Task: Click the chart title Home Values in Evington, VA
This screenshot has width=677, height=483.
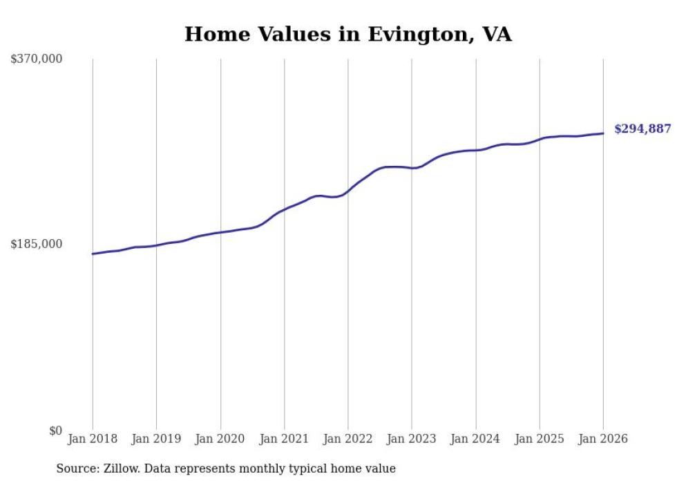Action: [x=348, y=34]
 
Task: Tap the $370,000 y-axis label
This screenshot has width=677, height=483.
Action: [x=37, y=59]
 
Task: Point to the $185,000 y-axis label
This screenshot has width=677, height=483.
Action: [x=37, y=244]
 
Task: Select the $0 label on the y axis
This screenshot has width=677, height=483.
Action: [x=55, y=430]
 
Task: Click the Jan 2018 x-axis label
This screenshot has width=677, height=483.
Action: [x=93, y=439]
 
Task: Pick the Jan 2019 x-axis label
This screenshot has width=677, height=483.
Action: [x=156, y=439]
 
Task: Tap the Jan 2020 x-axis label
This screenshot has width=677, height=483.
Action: [x=220, y=439]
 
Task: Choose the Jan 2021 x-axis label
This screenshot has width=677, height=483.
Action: [x=284, y=439]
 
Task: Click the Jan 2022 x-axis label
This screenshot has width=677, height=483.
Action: [x=348, y=439]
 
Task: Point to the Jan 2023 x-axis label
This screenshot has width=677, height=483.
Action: [x=412, y=439]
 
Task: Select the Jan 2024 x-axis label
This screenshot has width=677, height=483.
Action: [x=476, y=439]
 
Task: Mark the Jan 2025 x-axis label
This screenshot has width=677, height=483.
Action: [x=540, y=439]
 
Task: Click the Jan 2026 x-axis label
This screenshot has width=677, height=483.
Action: [x=603, y=439]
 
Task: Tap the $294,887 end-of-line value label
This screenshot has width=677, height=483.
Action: [x=642, y=129]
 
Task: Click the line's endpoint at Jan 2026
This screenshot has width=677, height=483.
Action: [x=603, y=133]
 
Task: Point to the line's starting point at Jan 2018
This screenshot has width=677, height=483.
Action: [x=93, y=254]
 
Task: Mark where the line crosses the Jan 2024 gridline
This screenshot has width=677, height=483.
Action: [x=476, y=150]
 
